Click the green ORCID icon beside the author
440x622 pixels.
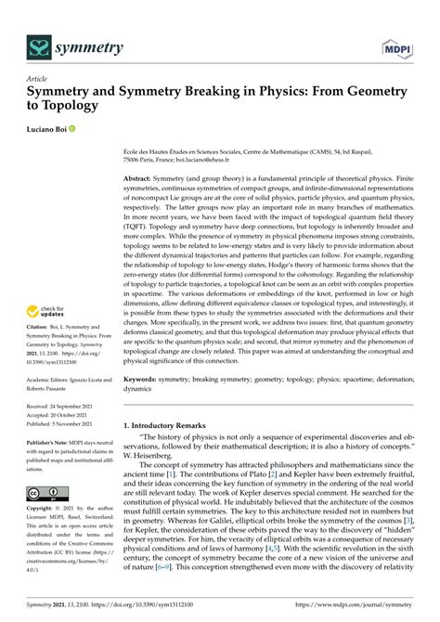(84, 129)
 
